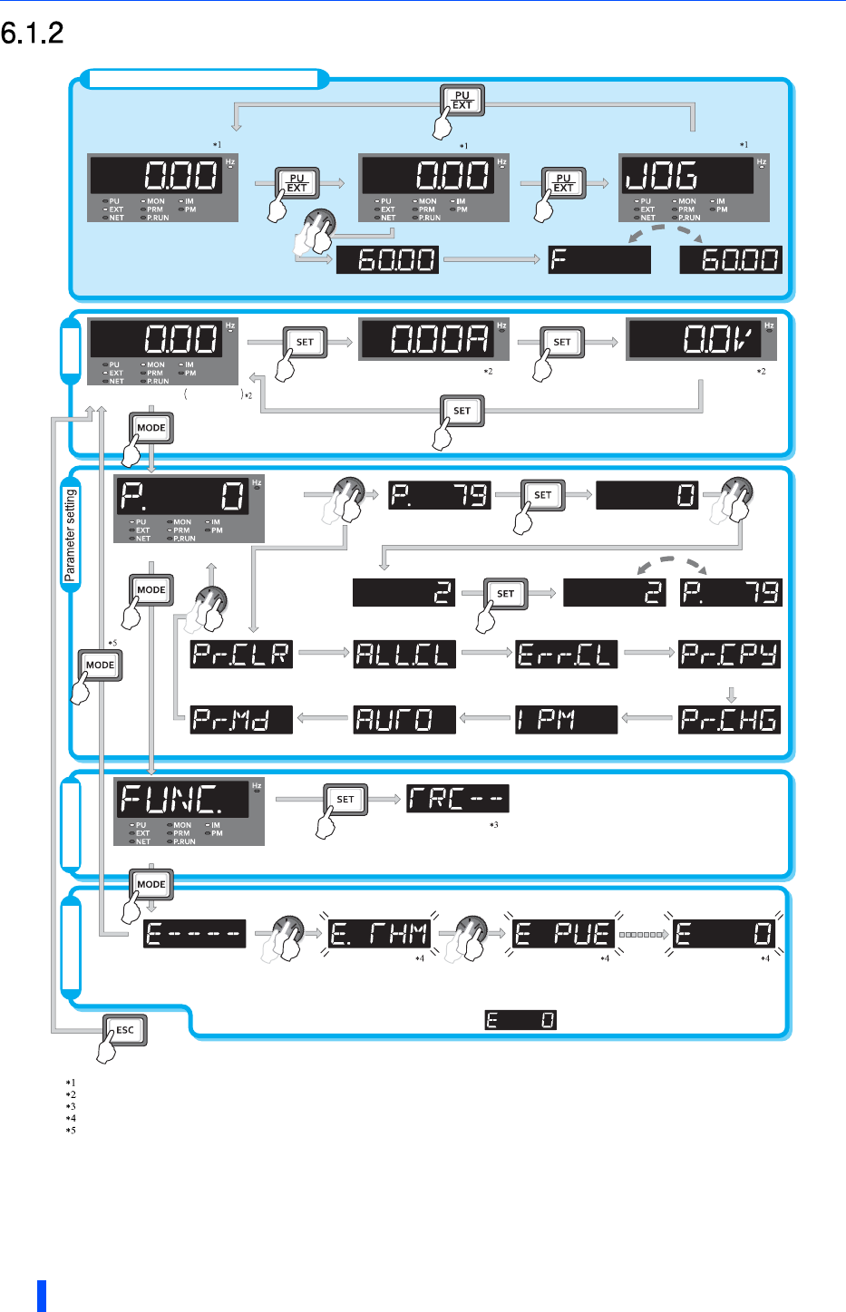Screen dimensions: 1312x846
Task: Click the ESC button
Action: pyautogui.click(x=124, y=1030)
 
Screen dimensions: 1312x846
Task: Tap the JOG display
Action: pyautogui.click(x=686, y=175)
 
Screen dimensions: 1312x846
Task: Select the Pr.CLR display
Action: pyautogui.click(x=241, y=654)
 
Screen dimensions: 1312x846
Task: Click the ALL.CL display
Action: pyautogui.click(x=404, y=654)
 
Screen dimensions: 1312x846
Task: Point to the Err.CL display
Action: pyautogui.click(x=566, y=654)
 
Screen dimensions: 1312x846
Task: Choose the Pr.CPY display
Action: pyautogui.click(x=729, y=654)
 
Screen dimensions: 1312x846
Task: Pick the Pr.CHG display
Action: pyautogui.click(x=729, y=719)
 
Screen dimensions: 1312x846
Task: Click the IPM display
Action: pyautogui.click(x=566, y=719)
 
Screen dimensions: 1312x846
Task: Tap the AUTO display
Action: pyautogui.click(x=404, y=719)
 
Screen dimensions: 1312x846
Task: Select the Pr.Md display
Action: pyautogui.click(x=241, y=719)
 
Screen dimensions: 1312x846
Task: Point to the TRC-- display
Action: pyautogui.click(x=457, y=798)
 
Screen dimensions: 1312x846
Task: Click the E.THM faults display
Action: pyautogui.click(x=379, y=933)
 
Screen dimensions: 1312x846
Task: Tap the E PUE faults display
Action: pyautogui.click(x=563, y=933)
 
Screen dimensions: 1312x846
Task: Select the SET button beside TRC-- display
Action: pyautogui.click(x=345, y=799)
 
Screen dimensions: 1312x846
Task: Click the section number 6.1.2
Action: pyautogui.click(x=33, y=34)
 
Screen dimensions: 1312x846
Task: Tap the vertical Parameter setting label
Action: pyautogui.click(x=71, y=535)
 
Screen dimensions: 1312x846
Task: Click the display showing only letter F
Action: pyautogui.click(x=599, y=260)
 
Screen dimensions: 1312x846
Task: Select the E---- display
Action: pyautogui.click(x=195, y=933)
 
